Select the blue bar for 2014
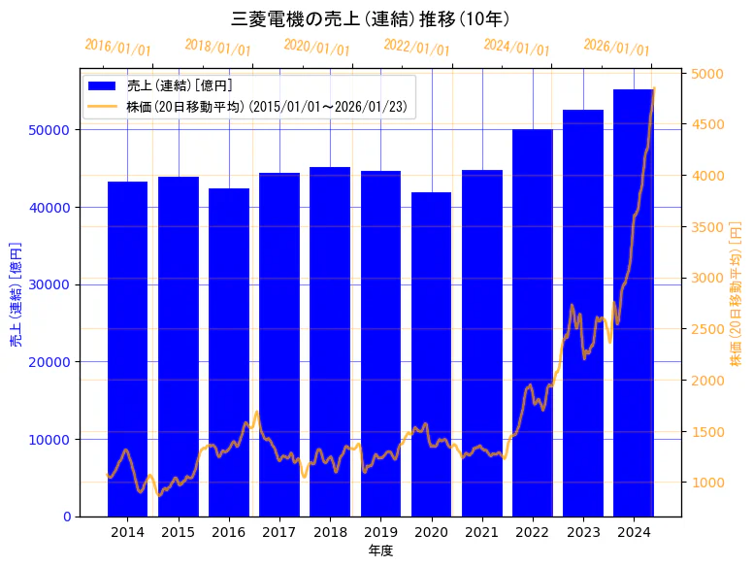pyautogui.click(x=127, y=350)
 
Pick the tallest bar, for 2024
pyautogui.click(x=634, y=301)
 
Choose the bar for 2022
pyautogui.click(x=533, y=320)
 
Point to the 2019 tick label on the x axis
pyautogui.click(x=380, y=532)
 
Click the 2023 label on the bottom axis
pyautogui.click(x=583, y=532)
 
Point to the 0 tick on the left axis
pyautogui.click(x=67, y=517)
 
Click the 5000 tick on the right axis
pyautogui.click(x=707, y=74)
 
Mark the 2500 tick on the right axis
pyautogui.click(x=707, y=329)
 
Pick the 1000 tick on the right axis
pyautogui.click(x=707, y=483)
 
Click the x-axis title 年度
pyautogui.click(x=380, y=550)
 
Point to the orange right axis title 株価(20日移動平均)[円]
pyautogui.click(x=737, y=292)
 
